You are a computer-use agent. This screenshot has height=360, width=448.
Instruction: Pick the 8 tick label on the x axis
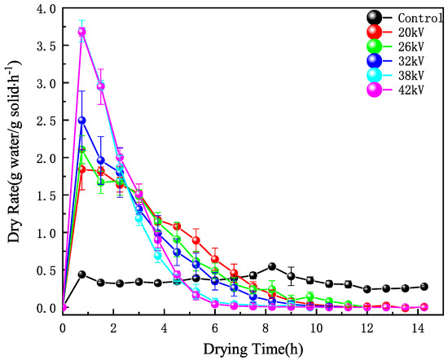pos(266,328)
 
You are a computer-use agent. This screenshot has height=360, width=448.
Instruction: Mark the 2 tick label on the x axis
pos(113,328)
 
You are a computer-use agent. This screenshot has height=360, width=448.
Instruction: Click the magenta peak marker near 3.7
pos(81,32)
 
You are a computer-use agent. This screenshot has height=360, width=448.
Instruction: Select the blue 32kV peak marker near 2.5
pos(81,121)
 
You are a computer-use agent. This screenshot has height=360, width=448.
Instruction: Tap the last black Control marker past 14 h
pos(424,287)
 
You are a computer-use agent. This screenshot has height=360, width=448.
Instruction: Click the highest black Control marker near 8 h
pos(272,267)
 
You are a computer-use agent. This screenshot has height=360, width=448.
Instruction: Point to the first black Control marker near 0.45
pos(81,274)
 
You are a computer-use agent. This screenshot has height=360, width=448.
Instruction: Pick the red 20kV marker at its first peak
pos(81,169)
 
